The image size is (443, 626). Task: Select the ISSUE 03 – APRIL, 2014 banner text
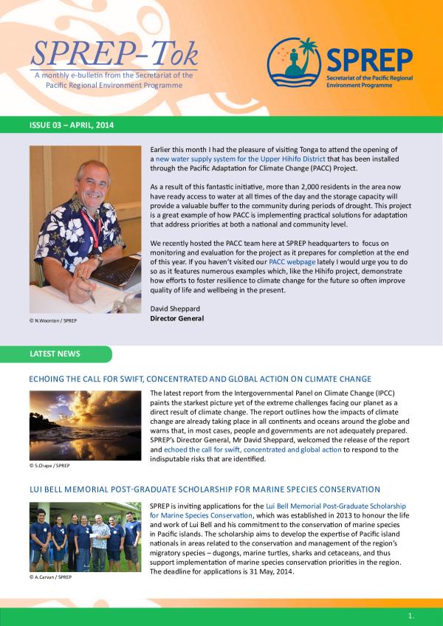coord(72,126)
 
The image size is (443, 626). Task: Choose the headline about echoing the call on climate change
coord(199,379)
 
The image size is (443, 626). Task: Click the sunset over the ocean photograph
coord(85,424)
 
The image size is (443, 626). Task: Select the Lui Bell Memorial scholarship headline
coord(205,489)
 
